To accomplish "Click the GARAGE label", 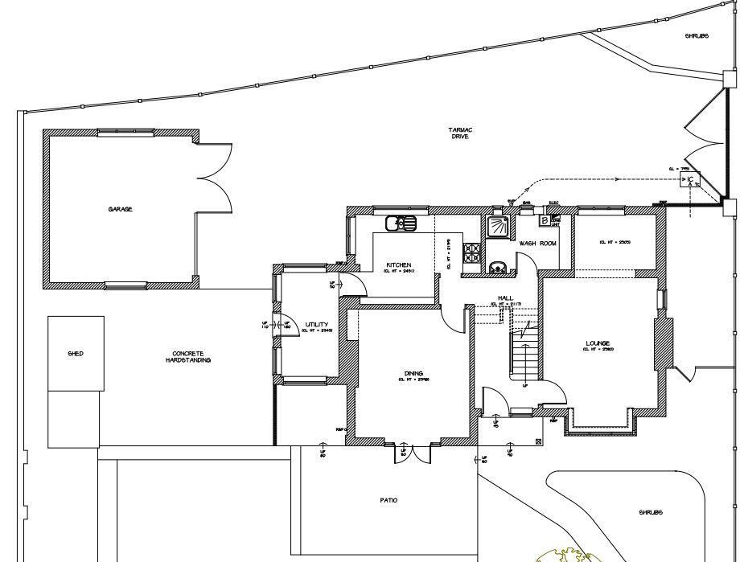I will pyautogui.click(x=121, y=209).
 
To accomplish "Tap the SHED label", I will pyautogui.click(x=76, y=354).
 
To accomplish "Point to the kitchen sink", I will pyautogui.click(x=400, y=223).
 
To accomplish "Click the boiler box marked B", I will pyautogui.click(x=545, y=220).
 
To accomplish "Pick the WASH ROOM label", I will pyautogui.click(x=537, y=243).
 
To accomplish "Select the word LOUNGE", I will pyautogui.click(x=598, y=343).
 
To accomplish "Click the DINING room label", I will pyautogui.click(x=413, y=374).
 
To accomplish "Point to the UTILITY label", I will pyautogui.click(x=316, y=325).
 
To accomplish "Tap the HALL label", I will pyautogui.click(x=505, y=297).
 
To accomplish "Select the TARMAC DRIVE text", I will pyautogui.click(x=460, y=133).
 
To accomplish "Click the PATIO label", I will pyautogui.click(x=388, y=500).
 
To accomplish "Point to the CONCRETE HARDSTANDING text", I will pyautogui.click(x=191, y=356).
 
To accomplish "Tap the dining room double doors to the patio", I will pyautogui.click(x=412, y=453).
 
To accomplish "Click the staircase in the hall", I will pyautogui.click(x=524, y=354).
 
